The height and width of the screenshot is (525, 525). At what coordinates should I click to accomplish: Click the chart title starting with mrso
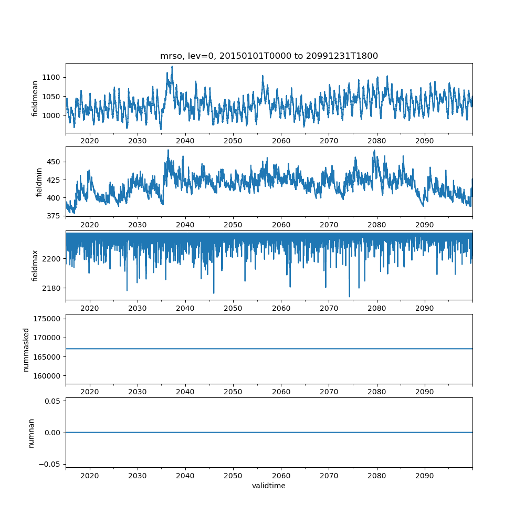click(x=269, y=56)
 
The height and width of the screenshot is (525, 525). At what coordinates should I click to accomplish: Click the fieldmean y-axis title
click(x=35, y=98)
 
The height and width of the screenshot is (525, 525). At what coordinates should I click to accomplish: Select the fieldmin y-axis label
click(x=39, y=182)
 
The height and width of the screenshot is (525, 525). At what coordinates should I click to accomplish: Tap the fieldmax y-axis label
click(x=35, y=265)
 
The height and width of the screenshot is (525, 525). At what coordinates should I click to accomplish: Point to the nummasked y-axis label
click(x=26, y=350)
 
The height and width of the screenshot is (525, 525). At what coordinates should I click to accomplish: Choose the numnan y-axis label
click(x=31, y=433)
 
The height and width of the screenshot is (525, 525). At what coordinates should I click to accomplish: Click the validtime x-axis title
click(x=269, y=486)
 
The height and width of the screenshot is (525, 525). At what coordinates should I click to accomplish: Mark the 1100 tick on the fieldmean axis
click(x=52, y=77)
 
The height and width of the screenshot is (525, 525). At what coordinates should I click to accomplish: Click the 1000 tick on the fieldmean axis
click(x=52, y=115)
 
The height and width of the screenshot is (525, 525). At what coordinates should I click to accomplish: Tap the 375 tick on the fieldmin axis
click(x=54, y=215)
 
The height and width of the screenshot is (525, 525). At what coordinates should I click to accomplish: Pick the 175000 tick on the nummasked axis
click(x=48, y=319)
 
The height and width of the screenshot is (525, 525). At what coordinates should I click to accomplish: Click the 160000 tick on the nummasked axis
click(x=48, y=376)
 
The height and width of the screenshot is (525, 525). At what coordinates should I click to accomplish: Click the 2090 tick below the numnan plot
click(x=424, y=475)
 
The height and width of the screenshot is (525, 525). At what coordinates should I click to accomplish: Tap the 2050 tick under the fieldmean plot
click(x=233, y=141)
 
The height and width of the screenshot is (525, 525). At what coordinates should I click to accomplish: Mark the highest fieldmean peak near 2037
click(x=172, y=67)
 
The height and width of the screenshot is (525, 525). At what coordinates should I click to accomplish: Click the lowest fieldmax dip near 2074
click(x=350, y=297)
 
